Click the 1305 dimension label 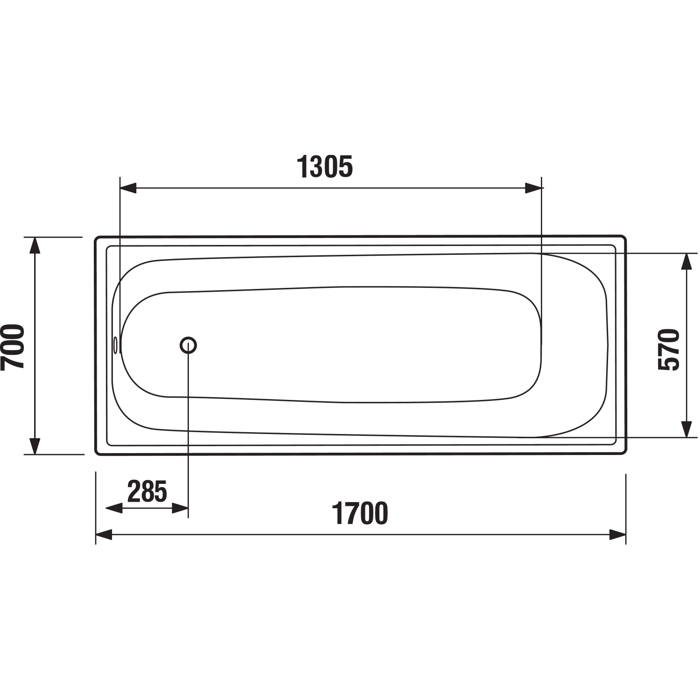(325, 167)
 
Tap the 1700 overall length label (360, 513)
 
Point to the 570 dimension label (668, 350)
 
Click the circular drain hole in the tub (188, 345)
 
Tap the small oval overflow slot (115, 345)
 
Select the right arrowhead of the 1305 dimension (534, 188)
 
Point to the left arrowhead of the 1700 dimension (104, 535)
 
